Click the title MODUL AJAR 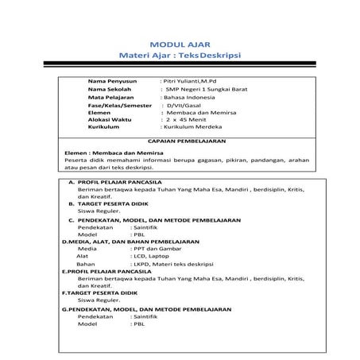click(179, 44)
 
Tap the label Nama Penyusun click(113, 81)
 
